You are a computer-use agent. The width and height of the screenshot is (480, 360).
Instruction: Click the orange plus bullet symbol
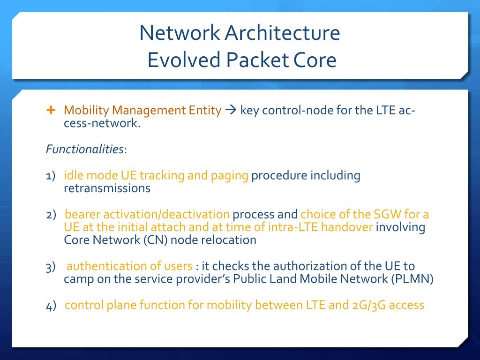coord(51,110)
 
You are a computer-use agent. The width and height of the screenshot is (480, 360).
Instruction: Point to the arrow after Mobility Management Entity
coord(230,111)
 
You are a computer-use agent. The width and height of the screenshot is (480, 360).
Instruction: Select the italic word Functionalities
coord(85,150)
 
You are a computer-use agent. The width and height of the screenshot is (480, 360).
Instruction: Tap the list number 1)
coord(51,176)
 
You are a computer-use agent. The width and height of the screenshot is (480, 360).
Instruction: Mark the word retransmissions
coord(107,188)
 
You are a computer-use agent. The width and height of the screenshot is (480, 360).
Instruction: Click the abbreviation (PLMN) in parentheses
coord(412,279)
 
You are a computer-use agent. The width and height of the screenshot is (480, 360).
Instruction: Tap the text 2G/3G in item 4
coord(368,305)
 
